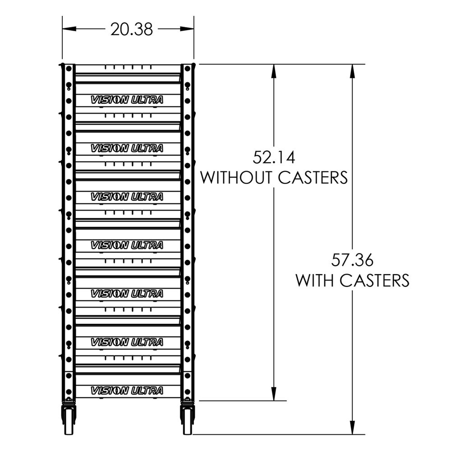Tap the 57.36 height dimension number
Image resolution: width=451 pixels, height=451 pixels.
[x=352, y=260]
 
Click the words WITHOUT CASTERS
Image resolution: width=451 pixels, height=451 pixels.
[x=274, y=178]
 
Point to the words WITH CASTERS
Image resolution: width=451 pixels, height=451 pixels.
[x=352, y=280]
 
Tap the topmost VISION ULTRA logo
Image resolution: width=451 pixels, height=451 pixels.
[x=127, y=100]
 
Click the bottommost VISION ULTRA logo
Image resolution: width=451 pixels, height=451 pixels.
[x=127, y=391]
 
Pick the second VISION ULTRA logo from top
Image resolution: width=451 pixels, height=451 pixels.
[x=127, y=148]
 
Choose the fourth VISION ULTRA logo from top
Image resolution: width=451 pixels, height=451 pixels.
[x=127, y=245]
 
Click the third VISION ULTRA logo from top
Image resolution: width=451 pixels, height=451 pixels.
[x=127, y=197]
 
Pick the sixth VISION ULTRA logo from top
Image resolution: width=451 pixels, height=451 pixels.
[x=127, y=342]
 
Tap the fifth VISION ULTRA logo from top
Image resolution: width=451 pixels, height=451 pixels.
[x=127, y=294]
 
